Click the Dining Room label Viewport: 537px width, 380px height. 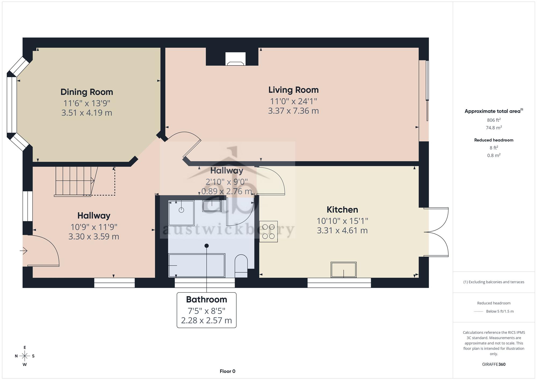tap(87, 92)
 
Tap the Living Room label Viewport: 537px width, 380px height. tap(293, 90)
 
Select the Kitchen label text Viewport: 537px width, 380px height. tap(342, 209)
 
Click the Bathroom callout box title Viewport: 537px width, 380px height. tap(206, 299)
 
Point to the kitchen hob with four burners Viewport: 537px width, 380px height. tap(268, 231)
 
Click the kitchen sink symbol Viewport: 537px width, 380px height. tap(343, 270)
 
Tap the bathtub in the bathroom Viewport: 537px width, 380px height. tap(197, 265)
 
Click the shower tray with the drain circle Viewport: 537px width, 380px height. tap(181, 213)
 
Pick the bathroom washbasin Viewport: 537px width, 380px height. tap(212, 206)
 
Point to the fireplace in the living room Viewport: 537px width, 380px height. tap(235, 59)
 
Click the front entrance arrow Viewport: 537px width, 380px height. tap(24, 251)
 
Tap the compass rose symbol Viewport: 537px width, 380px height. tap(25, 356)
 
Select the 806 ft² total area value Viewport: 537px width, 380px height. tap(494, 120)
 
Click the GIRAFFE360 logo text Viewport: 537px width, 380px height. tap(494, 364)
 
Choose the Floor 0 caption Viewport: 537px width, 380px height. tap(227, 371)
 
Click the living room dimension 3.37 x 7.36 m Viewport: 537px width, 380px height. tap(293, 111)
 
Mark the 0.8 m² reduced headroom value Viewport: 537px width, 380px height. tap(494, 155)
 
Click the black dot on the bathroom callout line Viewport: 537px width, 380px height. tap(206, 246)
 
